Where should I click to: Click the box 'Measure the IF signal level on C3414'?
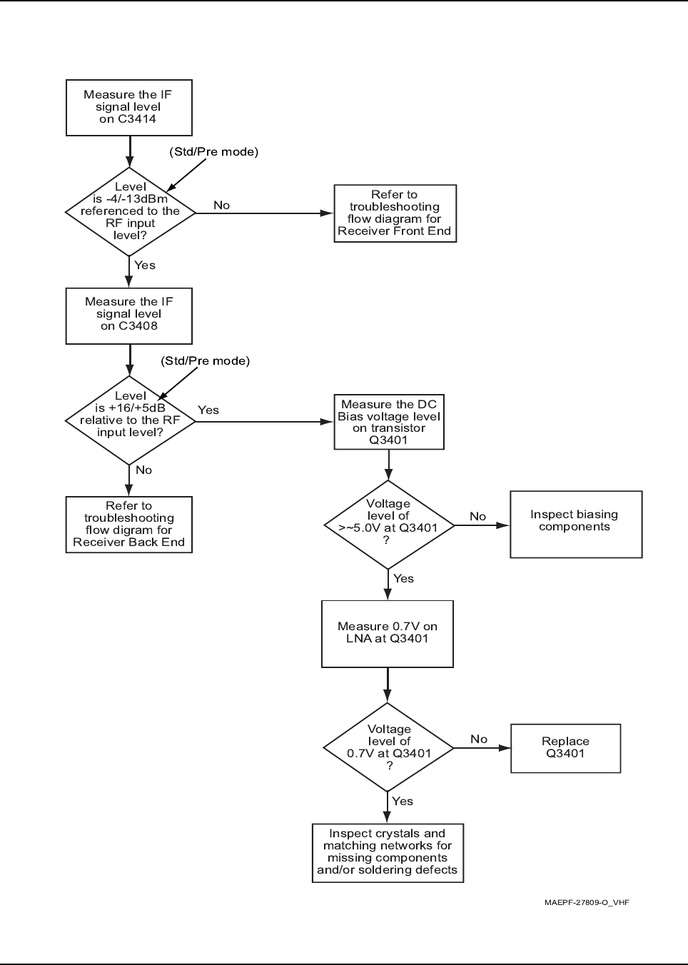pyautogui.click(x=128, y=108)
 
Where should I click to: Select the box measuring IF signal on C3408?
pyautogui.click(x=128, y=316)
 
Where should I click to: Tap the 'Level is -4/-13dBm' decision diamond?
pyautogui.click(x=130, y=212)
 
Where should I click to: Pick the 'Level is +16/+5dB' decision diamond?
pyautogui.click(x=130, y=420)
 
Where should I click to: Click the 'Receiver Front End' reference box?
pyautogui.click(x=395, y=213)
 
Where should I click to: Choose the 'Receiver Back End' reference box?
pyautogui.click(x=128, y=525)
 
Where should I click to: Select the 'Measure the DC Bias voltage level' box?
pyautogui.click(x=389, y=423)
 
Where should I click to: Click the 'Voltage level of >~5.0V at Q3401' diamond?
pyautogui.click(x=388, y=525)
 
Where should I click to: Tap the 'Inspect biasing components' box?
pyautogui.click(x=576, y=525)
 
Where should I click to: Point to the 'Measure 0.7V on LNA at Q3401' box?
pyautogui.click(x=388, y=634)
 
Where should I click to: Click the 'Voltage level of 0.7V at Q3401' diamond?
pyautogui.click(x=388, y=748)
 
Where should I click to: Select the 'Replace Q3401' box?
pyautogui.click(x=566, y=749)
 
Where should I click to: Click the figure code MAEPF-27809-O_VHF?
pyautogui.click(x=587, y=902)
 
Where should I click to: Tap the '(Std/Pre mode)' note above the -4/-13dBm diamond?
pyautogui.click(x=213, y=152)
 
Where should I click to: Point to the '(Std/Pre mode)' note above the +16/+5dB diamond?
pyautogui.click(x=206, y=361)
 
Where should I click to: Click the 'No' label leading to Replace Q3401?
pyautogui.click(x=479, y=739)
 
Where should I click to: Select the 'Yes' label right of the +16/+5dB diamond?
pyautogui.click(x=208, y=410)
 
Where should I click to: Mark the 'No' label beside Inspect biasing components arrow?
pyautogui.click(x=477, y=517)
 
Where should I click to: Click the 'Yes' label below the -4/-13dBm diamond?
pyautogui.click(x=145, y=266)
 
